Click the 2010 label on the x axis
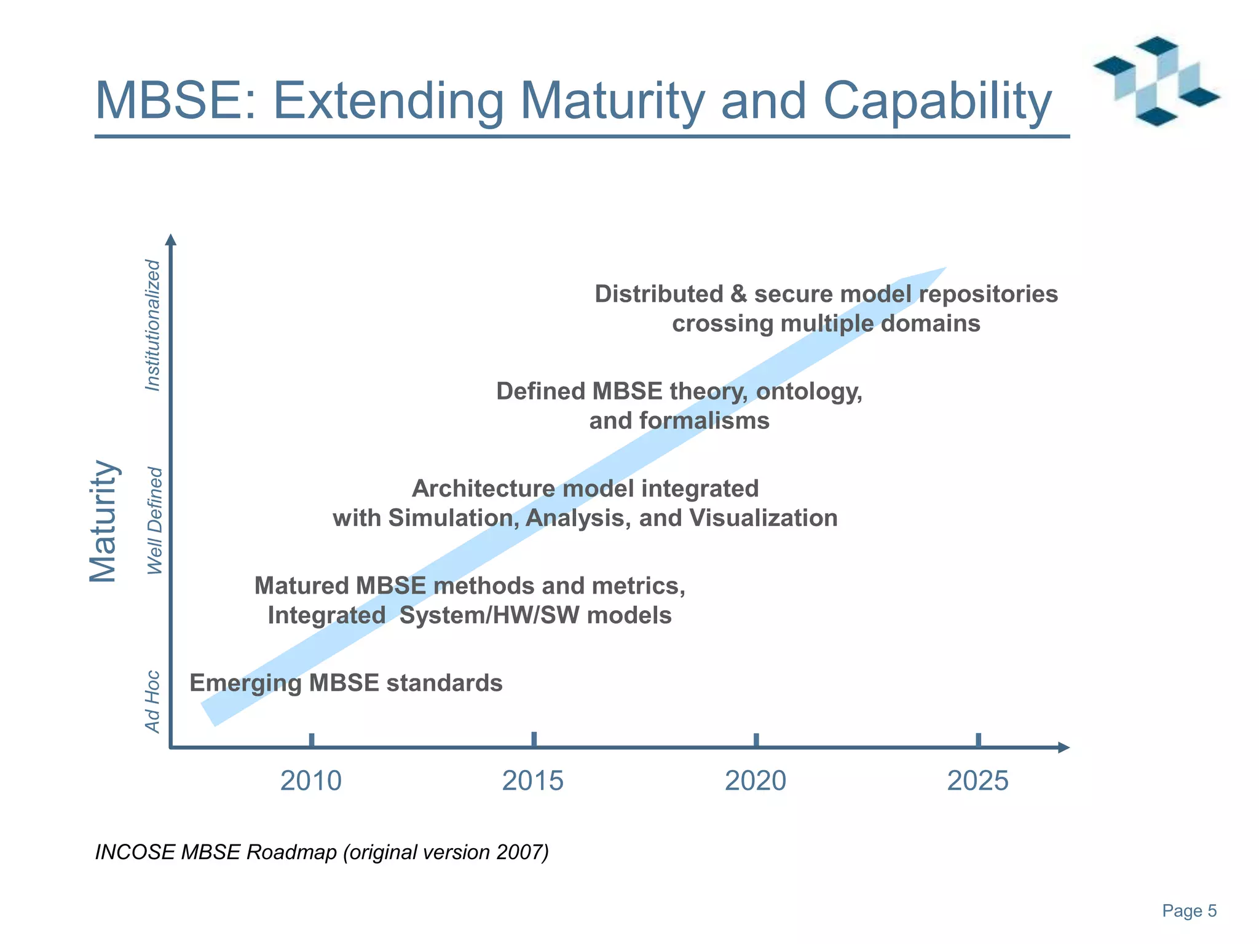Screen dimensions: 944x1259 (x=311, y=781)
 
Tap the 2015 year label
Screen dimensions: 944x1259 (x=533, y=781)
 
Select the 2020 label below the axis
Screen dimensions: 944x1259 (x=756, y=781)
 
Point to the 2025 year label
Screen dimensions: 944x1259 (x=978, y=781)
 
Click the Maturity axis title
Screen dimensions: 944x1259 (x=103, y=521)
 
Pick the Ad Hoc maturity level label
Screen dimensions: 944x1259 (x=152, y=701)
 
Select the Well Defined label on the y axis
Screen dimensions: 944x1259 (x=154, y=521)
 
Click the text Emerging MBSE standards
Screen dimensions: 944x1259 (x=345, y=683)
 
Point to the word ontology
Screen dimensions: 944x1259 (x=808, y=391)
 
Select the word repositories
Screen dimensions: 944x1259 (x=989, y=294)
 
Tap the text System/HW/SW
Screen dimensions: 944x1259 (x=489, y=615)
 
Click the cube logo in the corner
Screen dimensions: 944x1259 (x=1156, y=81)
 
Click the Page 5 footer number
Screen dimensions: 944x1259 (x=1189, y=911)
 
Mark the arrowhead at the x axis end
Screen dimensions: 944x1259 (x=1064, y=747)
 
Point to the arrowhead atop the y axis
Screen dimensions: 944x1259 (x=172, y=240)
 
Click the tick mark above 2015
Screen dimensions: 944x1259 (x=534, y=739)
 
